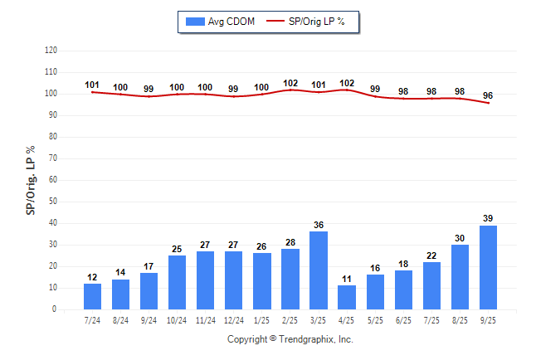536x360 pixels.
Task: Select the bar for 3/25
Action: [319, 270]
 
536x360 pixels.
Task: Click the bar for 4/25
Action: [347, 297]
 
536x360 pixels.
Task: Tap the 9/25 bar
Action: [488, 267]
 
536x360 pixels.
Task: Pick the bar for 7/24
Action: [92, 296]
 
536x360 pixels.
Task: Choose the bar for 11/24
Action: [206, 280]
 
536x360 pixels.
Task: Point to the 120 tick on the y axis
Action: [51, 51]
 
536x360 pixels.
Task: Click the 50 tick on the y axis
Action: [53, 202]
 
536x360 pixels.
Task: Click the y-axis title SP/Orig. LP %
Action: [31, 179]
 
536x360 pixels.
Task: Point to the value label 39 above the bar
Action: [488, 218]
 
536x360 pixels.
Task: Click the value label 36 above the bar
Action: [319, 225]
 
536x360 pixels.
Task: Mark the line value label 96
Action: [488, 95]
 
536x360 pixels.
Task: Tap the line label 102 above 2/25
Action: [290, 83]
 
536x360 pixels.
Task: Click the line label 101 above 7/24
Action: [92, 85]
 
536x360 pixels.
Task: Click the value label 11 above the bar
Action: [347, 279]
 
